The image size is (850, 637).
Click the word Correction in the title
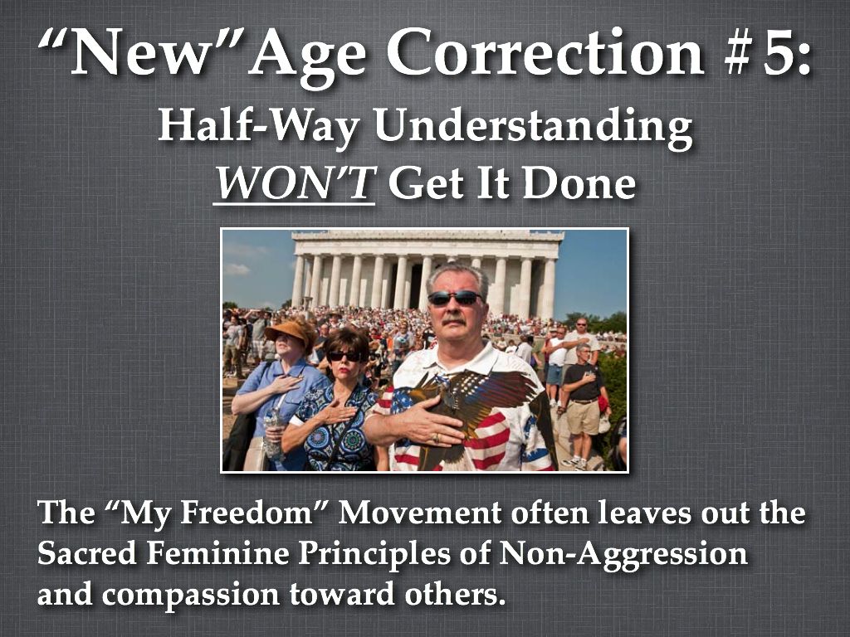[545, 52]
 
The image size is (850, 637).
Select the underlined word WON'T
[295, 182]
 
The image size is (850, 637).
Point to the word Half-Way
[259, 127]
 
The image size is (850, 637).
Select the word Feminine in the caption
[217, 553]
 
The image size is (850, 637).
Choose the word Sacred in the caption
[86, 553]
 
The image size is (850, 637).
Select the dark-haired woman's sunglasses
[344, 356]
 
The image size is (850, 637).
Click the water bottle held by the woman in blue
[272, 433]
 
